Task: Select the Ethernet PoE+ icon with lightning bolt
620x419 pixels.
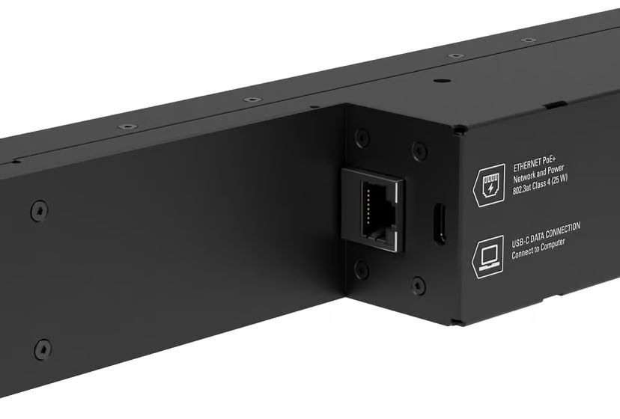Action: coord(490,183)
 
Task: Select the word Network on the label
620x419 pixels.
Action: coord(526,177)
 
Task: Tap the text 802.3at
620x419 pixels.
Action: coord(525,189)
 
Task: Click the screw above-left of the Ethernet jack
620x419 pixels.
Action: coord(362,138)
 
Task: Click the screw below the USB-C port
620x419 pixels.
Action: coord(419,285)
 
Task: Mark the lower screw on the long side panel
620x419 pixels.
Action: coord(43,348)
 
